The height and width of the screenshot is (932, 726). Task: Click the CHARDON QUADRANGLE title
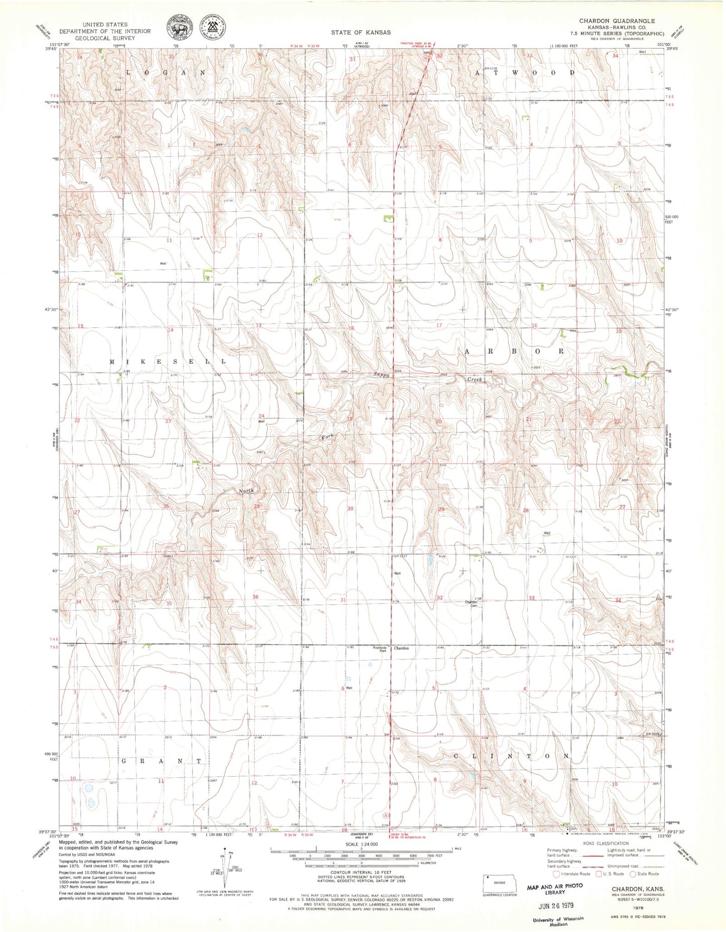tap(616, 21)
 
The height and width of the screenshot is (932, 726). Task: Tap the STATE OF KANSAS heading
tap(360, 32)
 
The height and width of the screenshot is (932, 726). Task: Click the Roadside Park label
tap(379, 648)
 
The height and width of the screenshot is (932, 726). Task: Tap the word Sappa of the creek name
tap(381, 374)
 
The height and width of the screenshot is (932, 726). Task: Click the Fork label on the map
tap(328, 436)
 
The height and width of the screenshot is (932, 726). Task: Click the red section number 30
tap(350, 508)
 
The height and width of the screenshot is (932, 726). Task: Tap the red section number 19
tap(350, 419)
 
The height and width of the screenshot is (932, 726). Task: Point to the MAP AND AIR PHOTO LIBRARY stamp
tap(555, 889)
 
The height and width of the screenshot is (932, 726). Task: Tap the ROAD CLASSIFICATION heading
tap(606, 843)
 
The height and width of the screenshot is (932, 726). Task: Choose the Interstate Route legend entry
tap(572, 874)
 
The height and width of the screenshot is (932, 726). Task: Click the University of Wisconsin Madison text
tap(558, 921)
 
